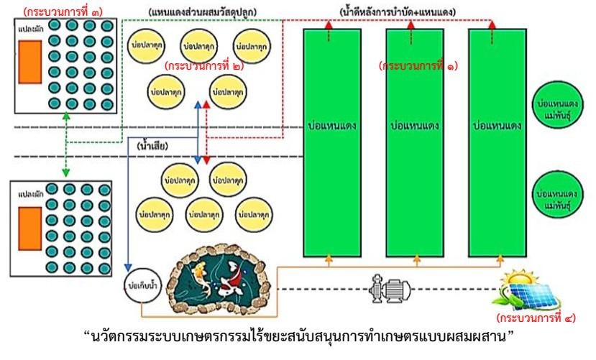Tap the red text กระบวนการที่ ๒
[203, 65]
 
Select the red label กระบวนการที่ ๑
[418, 65]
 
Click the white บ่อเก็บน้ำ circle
[140, 284]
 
